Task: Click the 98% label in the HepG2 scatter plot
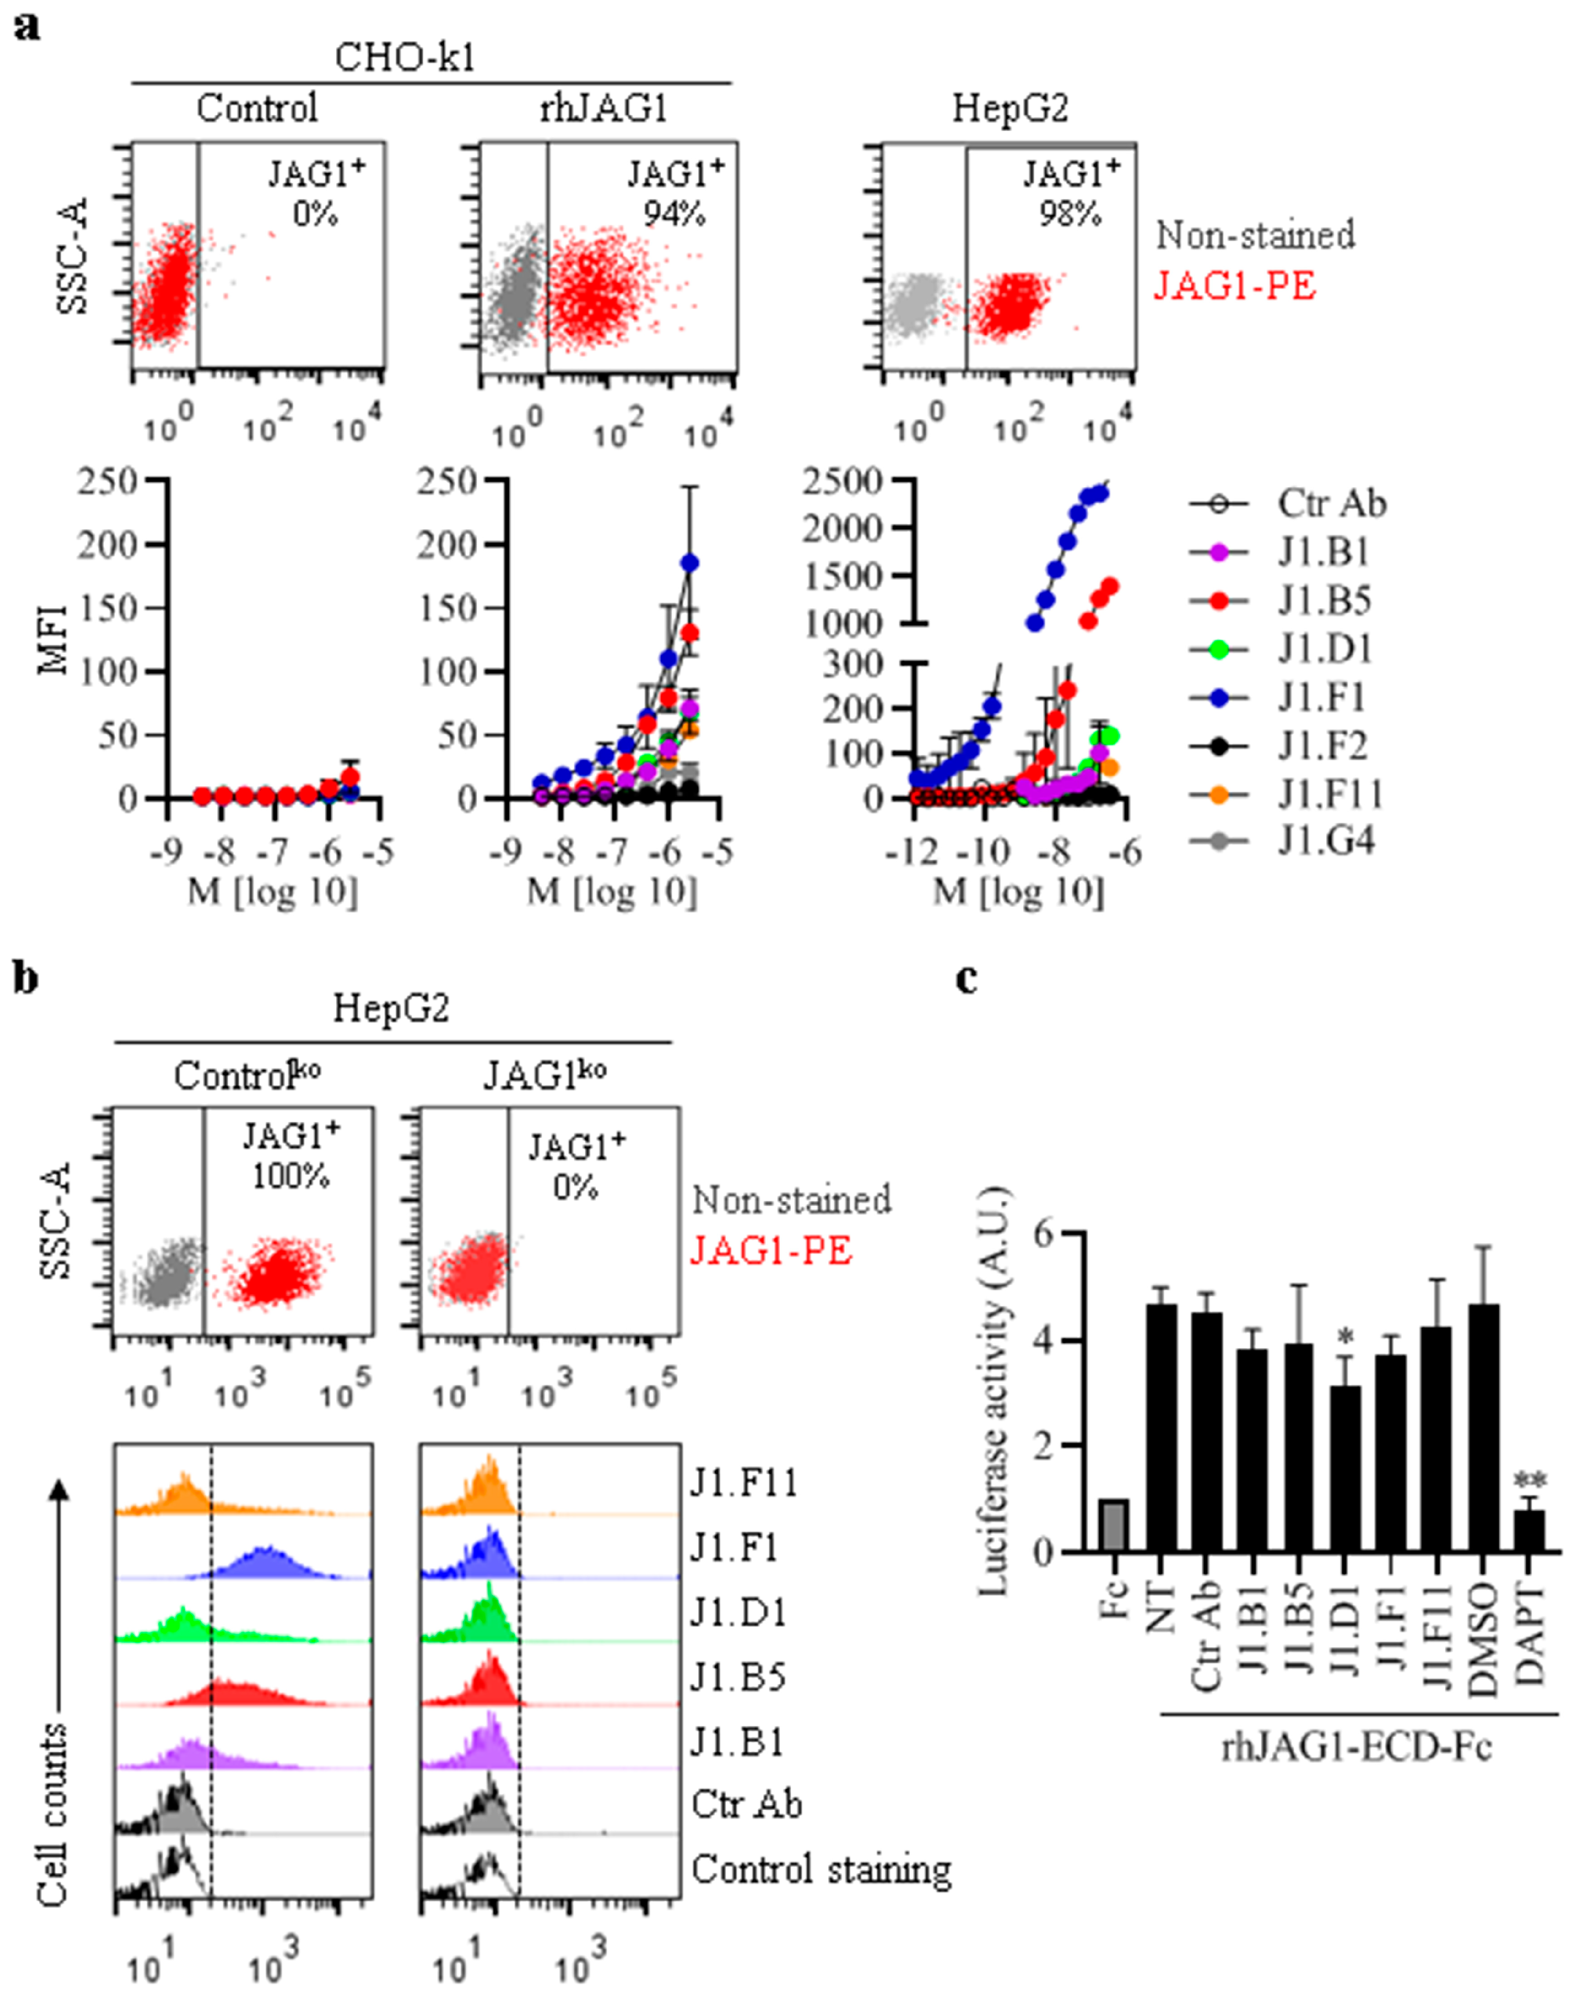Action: coord(1070,214)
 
